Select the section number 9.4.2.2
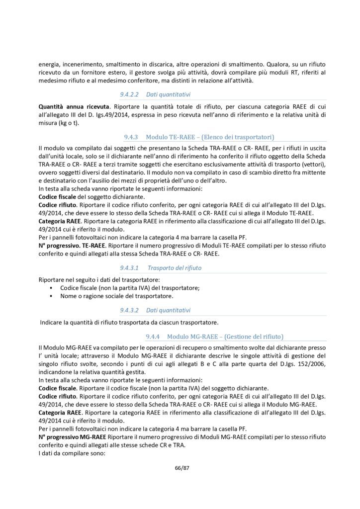[x=129, y=94]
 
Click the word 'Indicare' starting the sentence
[x=52, y=322]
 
